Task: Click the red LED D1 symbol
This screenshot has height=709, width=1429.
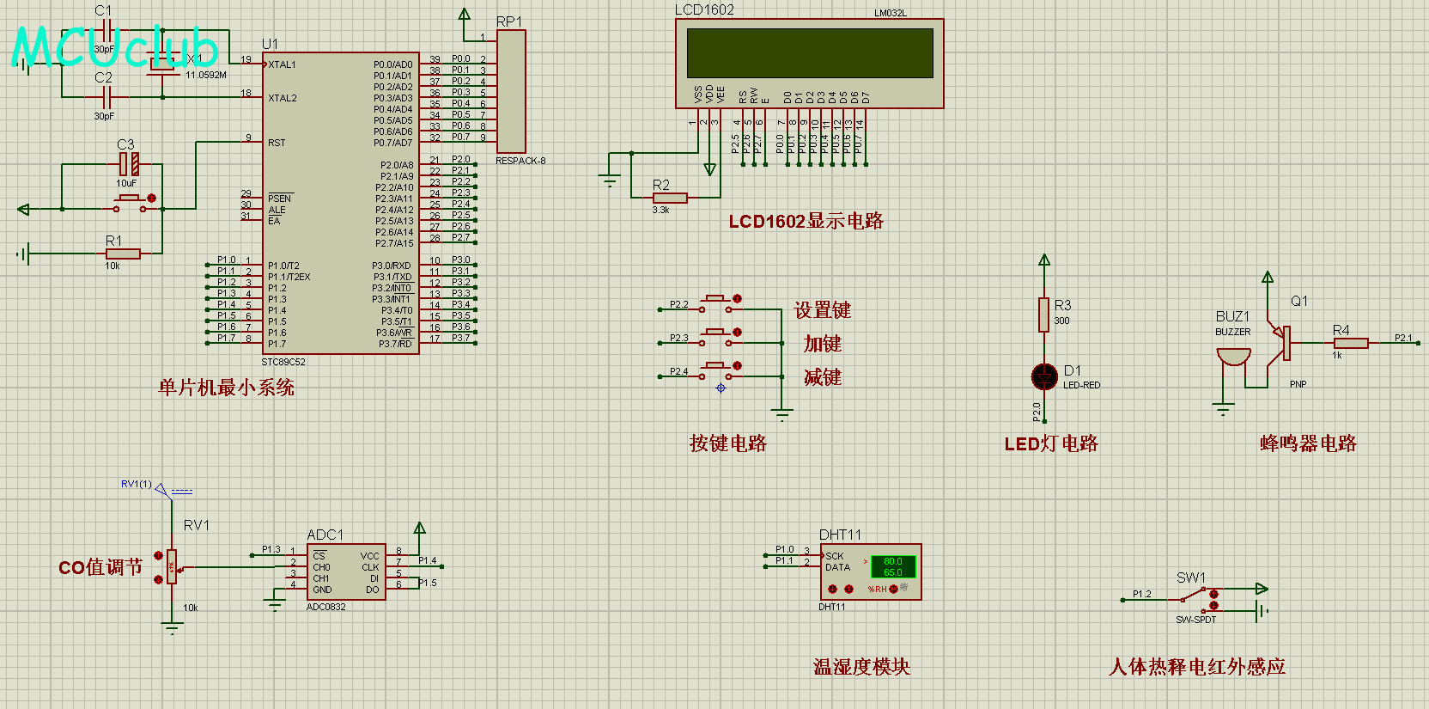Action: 1044,376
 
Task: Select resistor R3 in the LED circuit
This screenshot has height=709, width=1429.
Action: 1044,315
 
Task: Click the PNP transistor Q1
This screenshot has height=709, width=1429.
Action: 1284,342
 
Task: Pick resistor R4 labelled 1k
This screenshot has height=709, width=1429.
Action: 1351,343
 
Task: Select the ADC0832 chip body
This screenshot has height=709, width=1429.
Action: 346,572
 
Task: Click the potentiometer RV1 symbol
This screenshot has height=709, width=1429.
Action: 172,566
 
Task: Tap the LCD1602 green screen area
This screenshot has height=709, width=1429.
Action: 809,53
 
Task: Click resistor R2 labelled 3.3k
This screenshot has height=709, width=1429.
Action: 670,198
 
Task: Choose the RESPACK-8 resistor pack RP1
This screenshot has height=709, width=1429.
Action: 511,91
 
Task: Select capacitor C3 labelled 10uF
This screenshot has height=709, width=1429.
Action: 129,164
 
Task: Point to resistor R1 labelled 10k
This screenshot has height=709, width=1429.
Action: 123,254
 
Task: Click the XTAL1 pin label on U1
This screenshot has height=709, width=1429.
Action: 282,64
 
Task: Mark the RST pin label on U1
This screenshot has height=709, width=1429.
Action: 277,143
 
